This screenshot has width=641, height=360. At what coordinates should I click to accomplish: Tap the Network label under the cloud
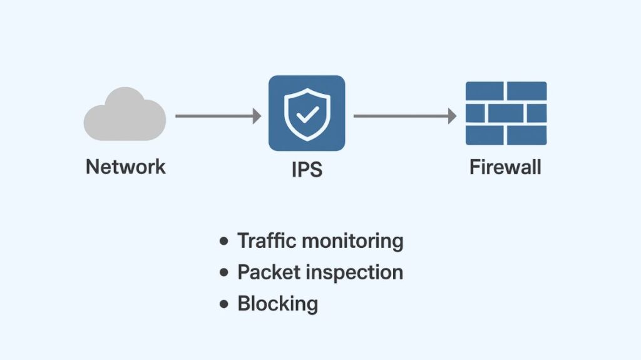coord(125,167)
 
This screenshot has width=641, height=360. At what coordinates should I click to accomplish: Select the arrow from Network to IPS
coord(216,116)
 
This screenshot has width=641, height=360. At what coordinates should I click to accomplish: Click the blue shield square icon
coord(307,113)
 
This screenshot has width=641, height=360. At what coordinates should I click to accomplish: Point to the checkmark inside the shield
coord(307,115)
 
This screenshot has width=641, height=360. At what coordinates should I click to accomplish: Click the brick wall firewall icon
coord(506,113)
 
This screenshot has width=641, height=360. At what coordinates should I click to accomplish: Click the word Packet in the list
coord(266,272)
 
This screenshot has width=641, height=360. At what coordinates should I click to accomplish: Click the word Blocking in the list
coord(277,305)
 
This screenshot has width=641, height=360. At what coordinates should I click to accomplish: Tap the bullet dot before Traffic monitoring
coord(223,242)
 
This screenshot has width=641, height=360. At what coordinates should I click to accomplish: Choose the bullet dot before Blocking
coord(223,305)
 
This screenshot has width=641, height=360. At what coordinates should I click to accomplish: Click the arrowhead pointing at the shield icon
coord(256,116)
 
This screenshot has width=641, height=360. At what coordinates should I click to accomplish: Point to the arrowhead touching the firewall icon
coord(452,116)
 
